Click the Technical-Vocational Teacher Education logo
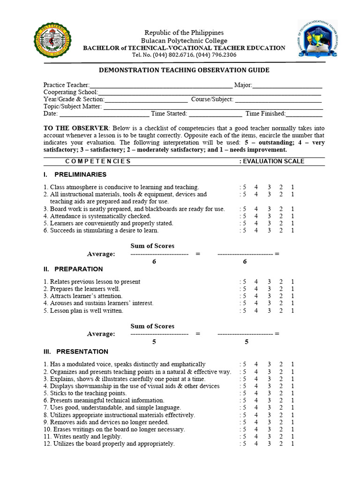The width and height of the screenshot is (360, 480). [x=317, y=42]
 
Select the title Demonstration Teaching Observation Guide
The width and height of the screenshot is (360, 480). [x=184, y=70]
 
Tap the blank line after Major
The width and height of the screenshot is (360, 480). [x=287, y=86]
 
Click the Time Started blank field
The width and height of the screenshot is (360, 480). [x=215, y=114]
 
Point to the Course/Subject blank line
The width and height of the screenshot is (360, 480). [x=278, y=100]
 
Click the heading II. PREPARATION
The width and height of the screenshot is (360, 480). [x=73, y=269]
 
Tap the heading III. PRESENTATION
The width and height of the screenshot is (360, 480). [x=76, y=352]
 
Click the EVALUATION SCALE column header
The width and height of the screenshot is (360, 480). [x=273, y=161]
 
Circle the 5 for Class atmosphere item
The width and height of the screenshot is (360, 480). [x=244, y=187]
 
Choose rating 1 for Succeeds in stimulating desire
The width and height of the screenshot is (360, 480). [x=292, y=231]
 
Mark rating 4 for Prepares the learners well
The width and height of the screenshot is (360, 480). [x=256, y=289]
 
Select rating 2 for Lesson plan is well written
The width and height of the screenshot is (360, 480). [x=281, y=310]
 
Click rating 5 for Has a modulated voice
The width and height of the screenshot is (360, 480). [x=244, y=364]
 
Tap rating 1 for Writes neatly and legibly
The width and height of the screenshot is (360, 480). [x=292, y=436]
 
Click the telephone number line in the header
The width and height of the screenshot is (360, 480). [x=184, y=55]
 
